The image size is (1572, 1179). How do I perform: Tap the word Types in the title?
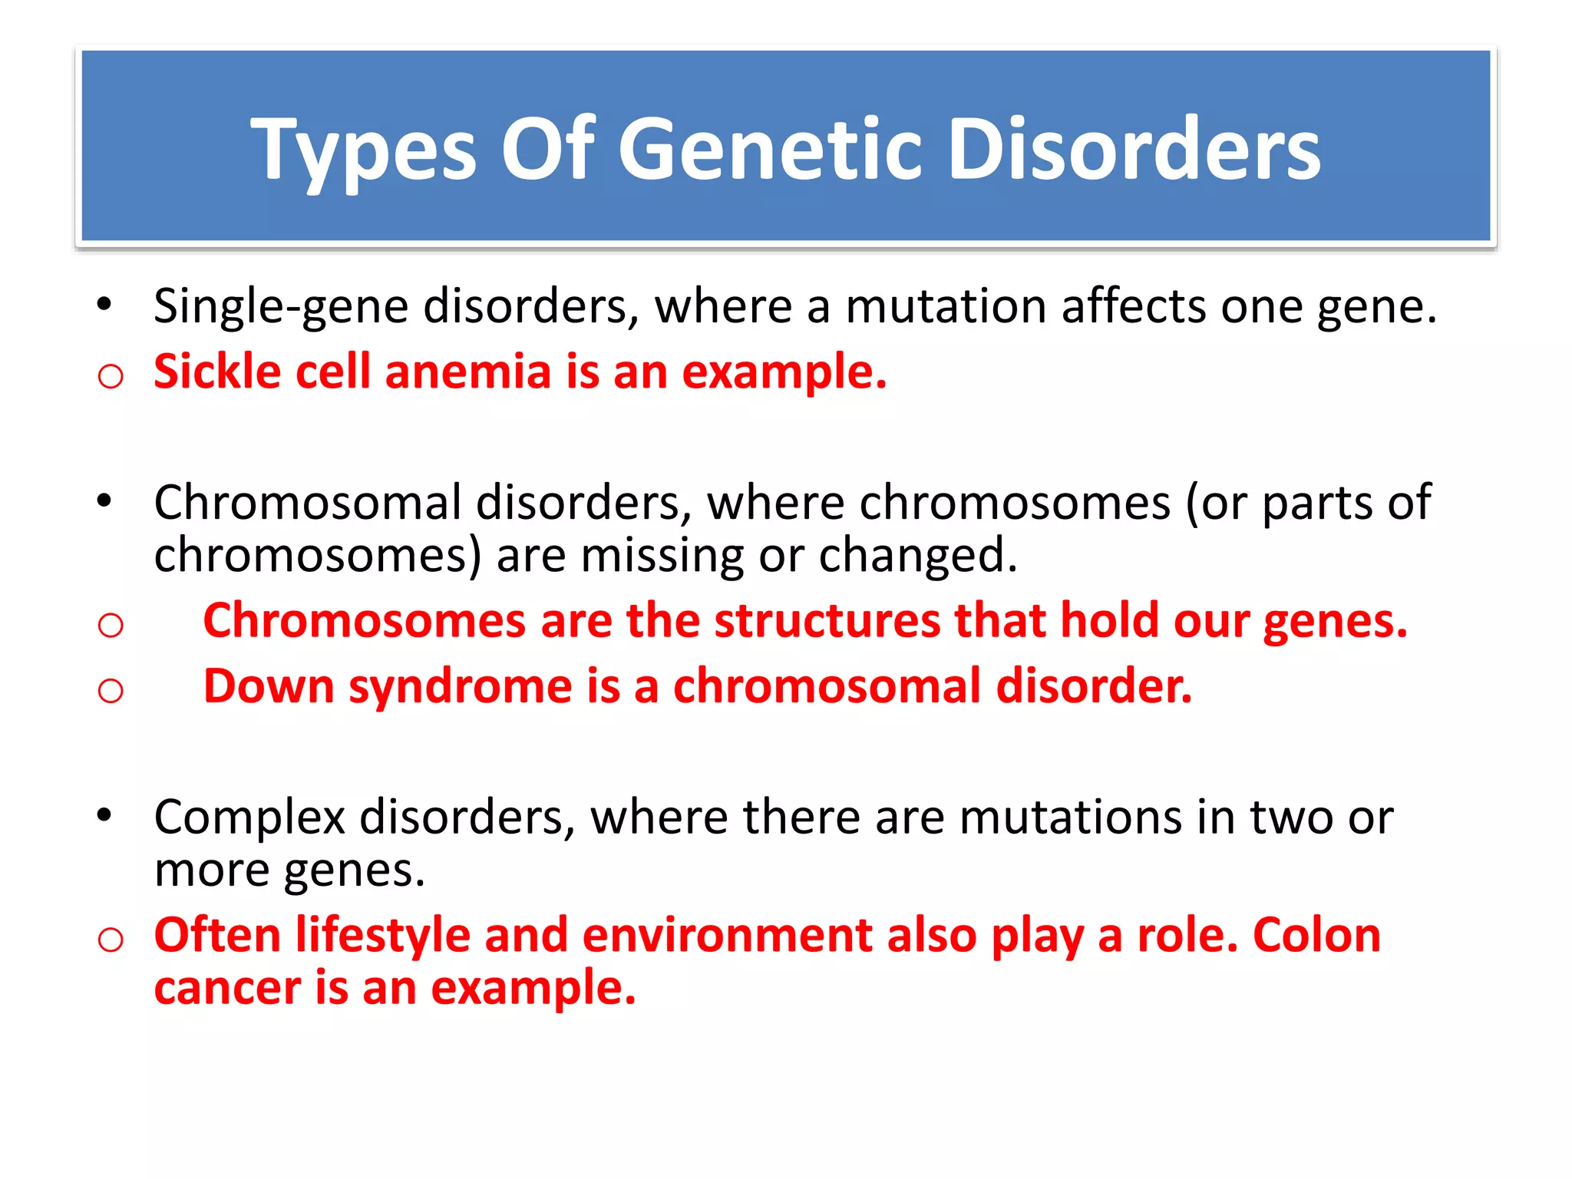point(364,150)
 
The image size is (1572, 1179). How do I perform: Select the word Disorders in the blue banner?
point(1134,150)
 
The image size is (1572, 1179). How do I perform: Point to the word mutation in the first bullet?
point(946,307)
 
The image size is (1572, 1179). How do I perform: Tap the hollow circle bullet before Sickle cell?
point(111,377)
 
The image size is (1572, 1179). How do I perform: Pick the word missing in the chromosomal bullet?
point(662,556)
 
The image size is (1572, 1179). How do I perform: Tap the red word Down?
point(269,686)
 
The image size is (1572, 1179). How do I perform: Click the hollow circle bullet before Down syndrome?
point(111,691)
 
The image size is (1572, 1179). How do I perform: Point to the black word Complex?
point(249,818)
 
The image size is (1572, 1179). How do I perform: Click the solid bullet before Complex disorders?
point(104,814)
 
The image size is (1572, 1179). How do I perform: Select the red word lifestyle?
point(383,936)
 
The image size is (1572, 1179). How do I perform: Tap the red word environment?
point(727,936)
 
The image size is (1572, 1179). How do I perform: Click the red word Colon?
point(1316,936)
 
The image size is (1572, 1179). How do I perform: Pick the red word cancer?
point(227,989)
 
